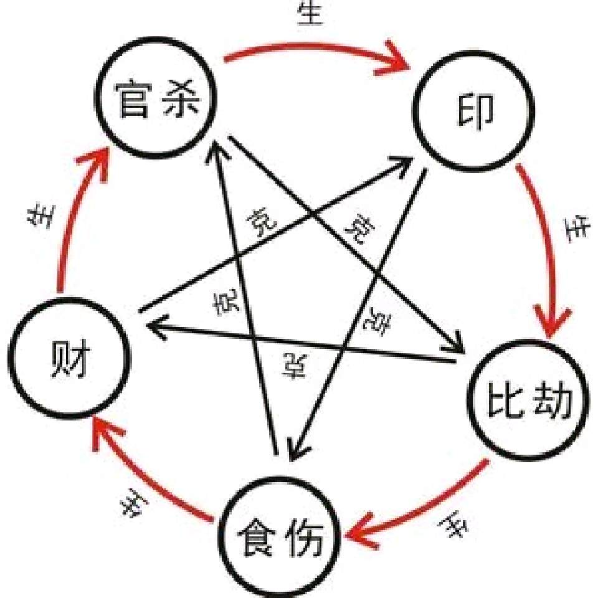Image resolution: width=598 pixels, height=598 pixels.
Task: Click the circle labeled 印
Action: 475,112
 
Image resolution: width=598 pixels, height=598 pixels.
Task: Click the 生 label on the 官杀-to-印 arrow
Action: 311,14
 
